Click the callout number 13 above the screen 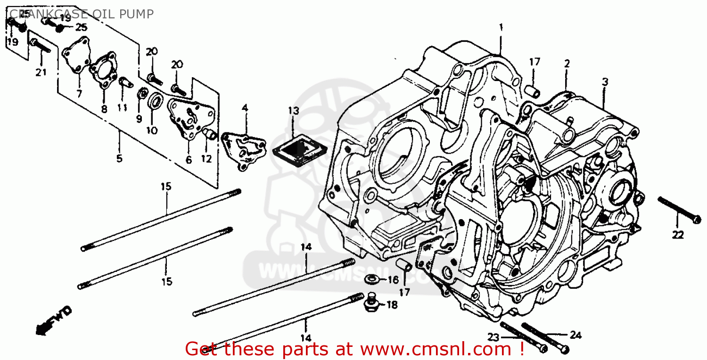(293, 111)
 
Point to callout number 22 (678, 235)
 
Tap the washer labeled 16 (373, 280)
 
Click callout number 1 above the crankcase (501, 27)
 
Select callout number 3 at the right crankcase (605, 82)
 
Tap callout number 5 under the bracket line (119, 158)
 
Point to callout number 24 (575, 335)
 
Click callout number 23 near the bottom (493, 337)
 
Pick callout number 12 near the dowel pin (206, 159)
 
